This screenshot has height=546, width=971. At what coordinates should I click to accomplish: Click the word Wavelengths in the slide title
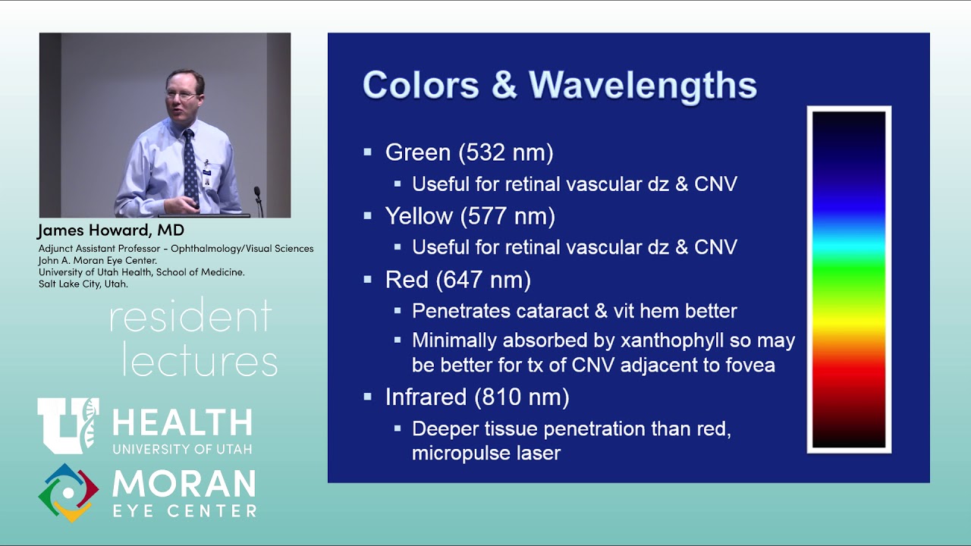(643, 84)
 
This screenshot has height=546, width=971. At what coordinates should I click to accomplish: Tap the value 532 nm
(506, 152)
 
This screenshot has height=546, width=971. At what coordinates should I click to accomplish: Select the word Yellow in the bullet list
(419, 217)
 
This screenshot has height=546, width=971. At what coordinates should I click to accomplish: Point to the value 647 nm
(483, 280)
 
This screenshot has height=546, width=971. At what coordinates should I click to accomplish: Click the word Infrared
(426, 397)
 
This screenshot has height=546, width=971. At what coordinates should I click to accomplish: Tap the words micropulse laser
(486, 453)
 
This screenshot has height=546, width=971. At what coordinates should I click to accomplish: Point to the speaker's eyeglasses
(181, 95)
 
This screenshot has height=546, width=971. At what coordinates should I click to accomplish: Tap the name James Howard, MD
(111, 230)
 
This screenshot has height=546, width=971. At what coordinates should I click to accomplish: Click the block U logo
(68, 425)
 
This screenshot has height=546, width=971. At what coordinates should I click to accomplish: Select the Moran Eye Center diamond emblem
(68, 492)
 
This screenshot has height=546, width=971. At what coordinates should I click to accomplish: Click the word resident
(190, 317)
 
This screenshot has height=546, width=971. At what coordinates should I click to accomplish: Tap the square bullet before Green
(368, 153)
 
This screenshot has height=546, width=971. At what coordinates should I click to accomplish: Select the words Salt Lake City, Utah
(83, 284)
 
